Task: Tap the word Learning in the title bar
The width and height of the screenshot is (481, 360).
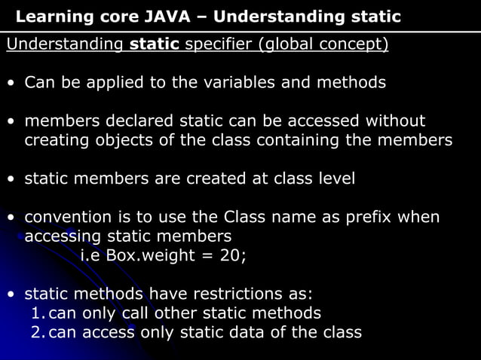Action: pyautogui.click(x=47, y=17)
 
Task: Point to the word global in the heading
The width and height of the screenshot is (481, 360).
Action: pyautogui.click(x=289, y=44)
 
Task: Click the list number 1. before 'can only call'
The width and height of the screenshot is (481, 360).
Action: pyautogui.click(x=37, y=313)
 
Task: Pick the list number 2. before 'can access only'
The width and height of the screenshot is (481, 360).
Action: pyautogui.click(x=37, y=332)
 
